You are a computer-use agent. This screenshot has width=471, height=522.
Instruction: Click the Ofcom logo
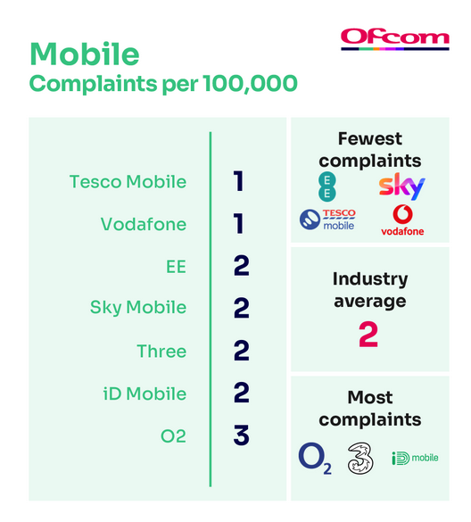[x=395, y=39]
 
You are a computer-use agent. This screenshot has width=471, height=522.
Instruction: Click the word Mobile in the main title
[x=85, y=54]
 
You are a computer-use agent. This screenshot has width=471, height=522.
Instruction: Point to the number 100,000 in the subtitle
[x=250, y=83]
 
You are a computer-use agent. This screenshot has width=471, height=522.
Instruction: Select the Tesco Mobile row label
[x=128, y=182]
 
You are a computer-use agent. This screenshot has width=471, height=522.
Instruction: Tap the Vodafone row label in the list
[x=144, y=224]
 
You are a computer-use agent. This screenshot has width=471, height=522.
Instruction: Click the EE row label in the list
[x=176, y=267]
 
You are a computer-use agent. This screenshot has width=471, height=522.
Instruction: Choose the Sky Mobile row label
[x=138, y=307]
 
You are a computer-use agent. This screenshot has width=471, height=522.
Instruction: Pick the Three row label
[x=161, y=352]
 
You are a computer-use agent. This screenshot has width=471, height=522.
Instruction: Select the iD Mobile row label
[x=145, y=394]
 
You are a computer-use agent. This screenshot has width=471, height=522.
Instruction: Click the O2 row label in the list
[x=173, y=436]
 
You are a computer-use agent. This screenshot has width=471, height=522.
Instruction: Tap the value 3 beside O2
[x=242, y=435]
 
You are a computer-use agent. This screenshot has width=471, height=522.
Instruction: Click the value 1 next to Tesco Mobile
[x=239, y=181]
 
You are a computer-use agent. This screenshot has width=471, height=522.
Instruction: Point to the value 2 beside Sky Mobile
[x=242, y=308]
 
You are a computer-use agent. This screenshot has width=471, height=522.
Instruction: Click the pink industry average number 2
[x=368, y=335]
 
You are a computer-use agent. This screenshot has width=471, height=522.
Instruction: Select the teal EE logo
[x=327, y=186]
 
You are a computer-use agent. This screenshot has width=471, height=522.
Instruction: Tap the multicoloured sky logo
[x=401, y=186]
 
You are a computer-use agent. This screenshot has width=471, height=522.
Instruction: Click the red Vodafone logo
[x=402, y=220]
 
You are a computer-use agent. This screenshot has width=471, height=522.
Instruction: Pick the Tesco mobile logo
[x=327, y=220]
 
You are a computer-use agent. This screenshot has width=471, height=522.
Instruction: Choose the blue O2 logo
[x=315, y=458]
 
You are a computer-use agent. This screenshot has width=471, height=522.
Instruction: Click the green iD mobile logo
[x=415, y=458]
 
